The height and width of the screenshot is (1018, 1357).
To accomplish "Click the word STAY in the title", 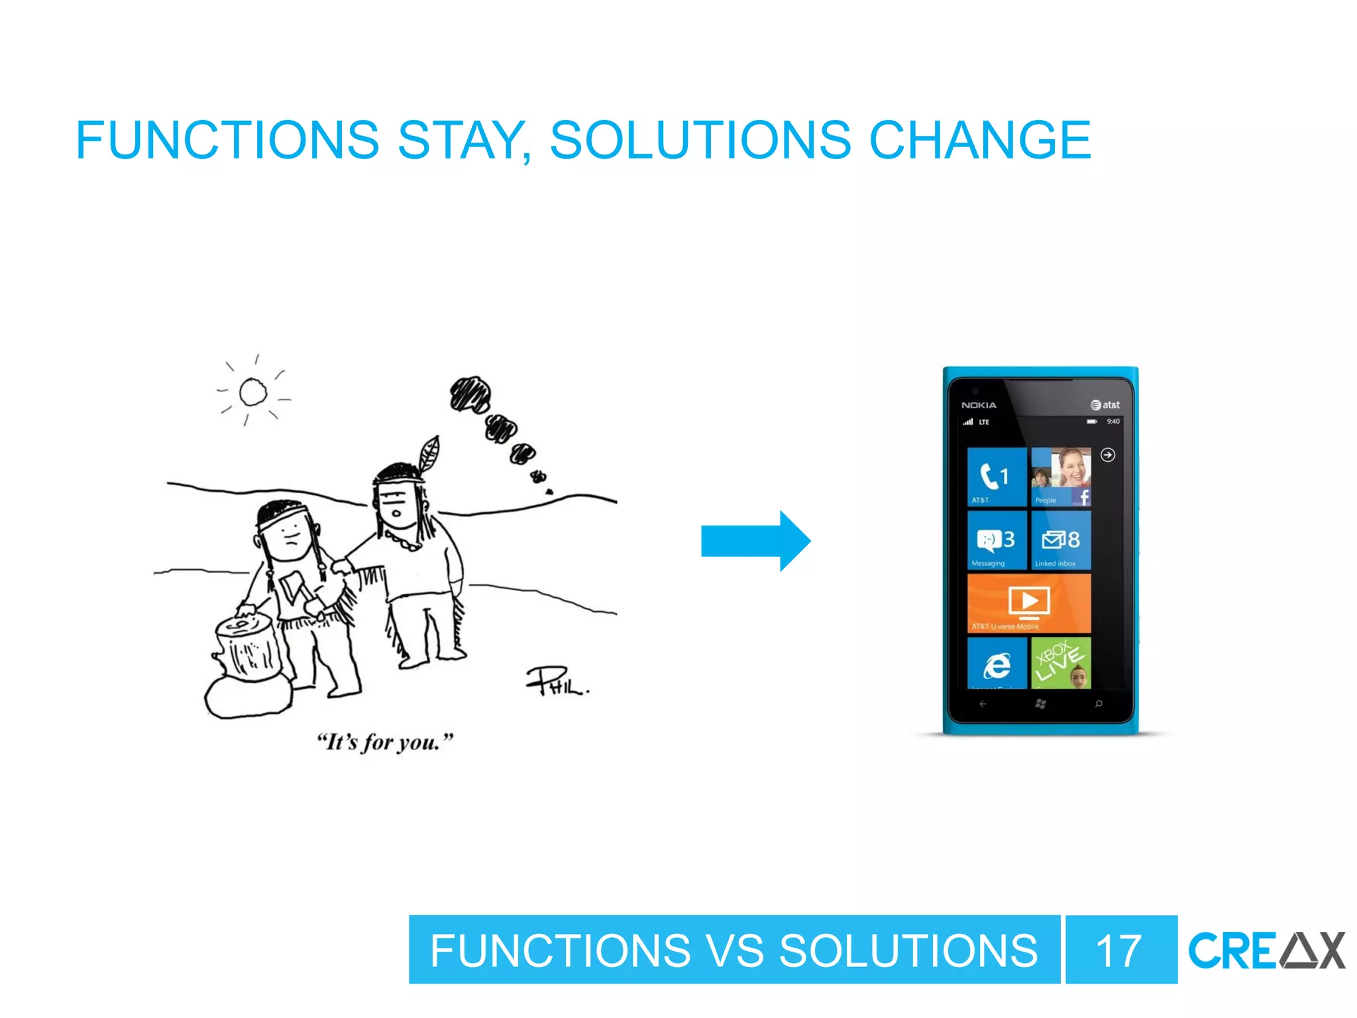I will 462,141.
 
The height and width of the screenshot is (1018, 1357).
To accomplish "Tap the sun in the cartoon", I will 253,392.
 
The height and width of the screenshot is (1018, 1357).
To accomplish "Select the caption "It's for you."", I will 385,742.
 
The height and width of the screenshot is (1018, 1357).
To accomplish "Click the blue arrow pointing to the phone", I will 755,541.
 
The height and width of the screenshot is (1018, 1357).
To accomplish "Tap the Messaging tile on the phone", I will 997,540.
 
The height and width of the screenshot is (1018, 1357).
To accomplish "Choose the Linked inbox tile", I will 1060,540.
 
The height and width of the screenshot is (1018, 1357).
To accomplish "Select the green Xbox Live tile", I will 1060,663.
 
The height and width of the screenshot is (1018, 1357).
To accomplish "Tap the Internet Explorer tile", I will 997,663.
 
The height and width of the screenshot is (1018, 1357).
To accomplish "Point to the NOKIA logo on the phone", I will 979,405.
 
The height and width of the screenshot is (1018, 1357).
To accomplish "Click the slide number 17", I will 1119,950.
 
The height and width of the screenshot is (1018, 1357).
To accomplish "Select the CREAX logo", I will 1266,950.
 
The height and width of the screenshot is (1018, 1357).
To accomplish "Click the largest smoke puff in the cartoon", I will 470,394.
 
